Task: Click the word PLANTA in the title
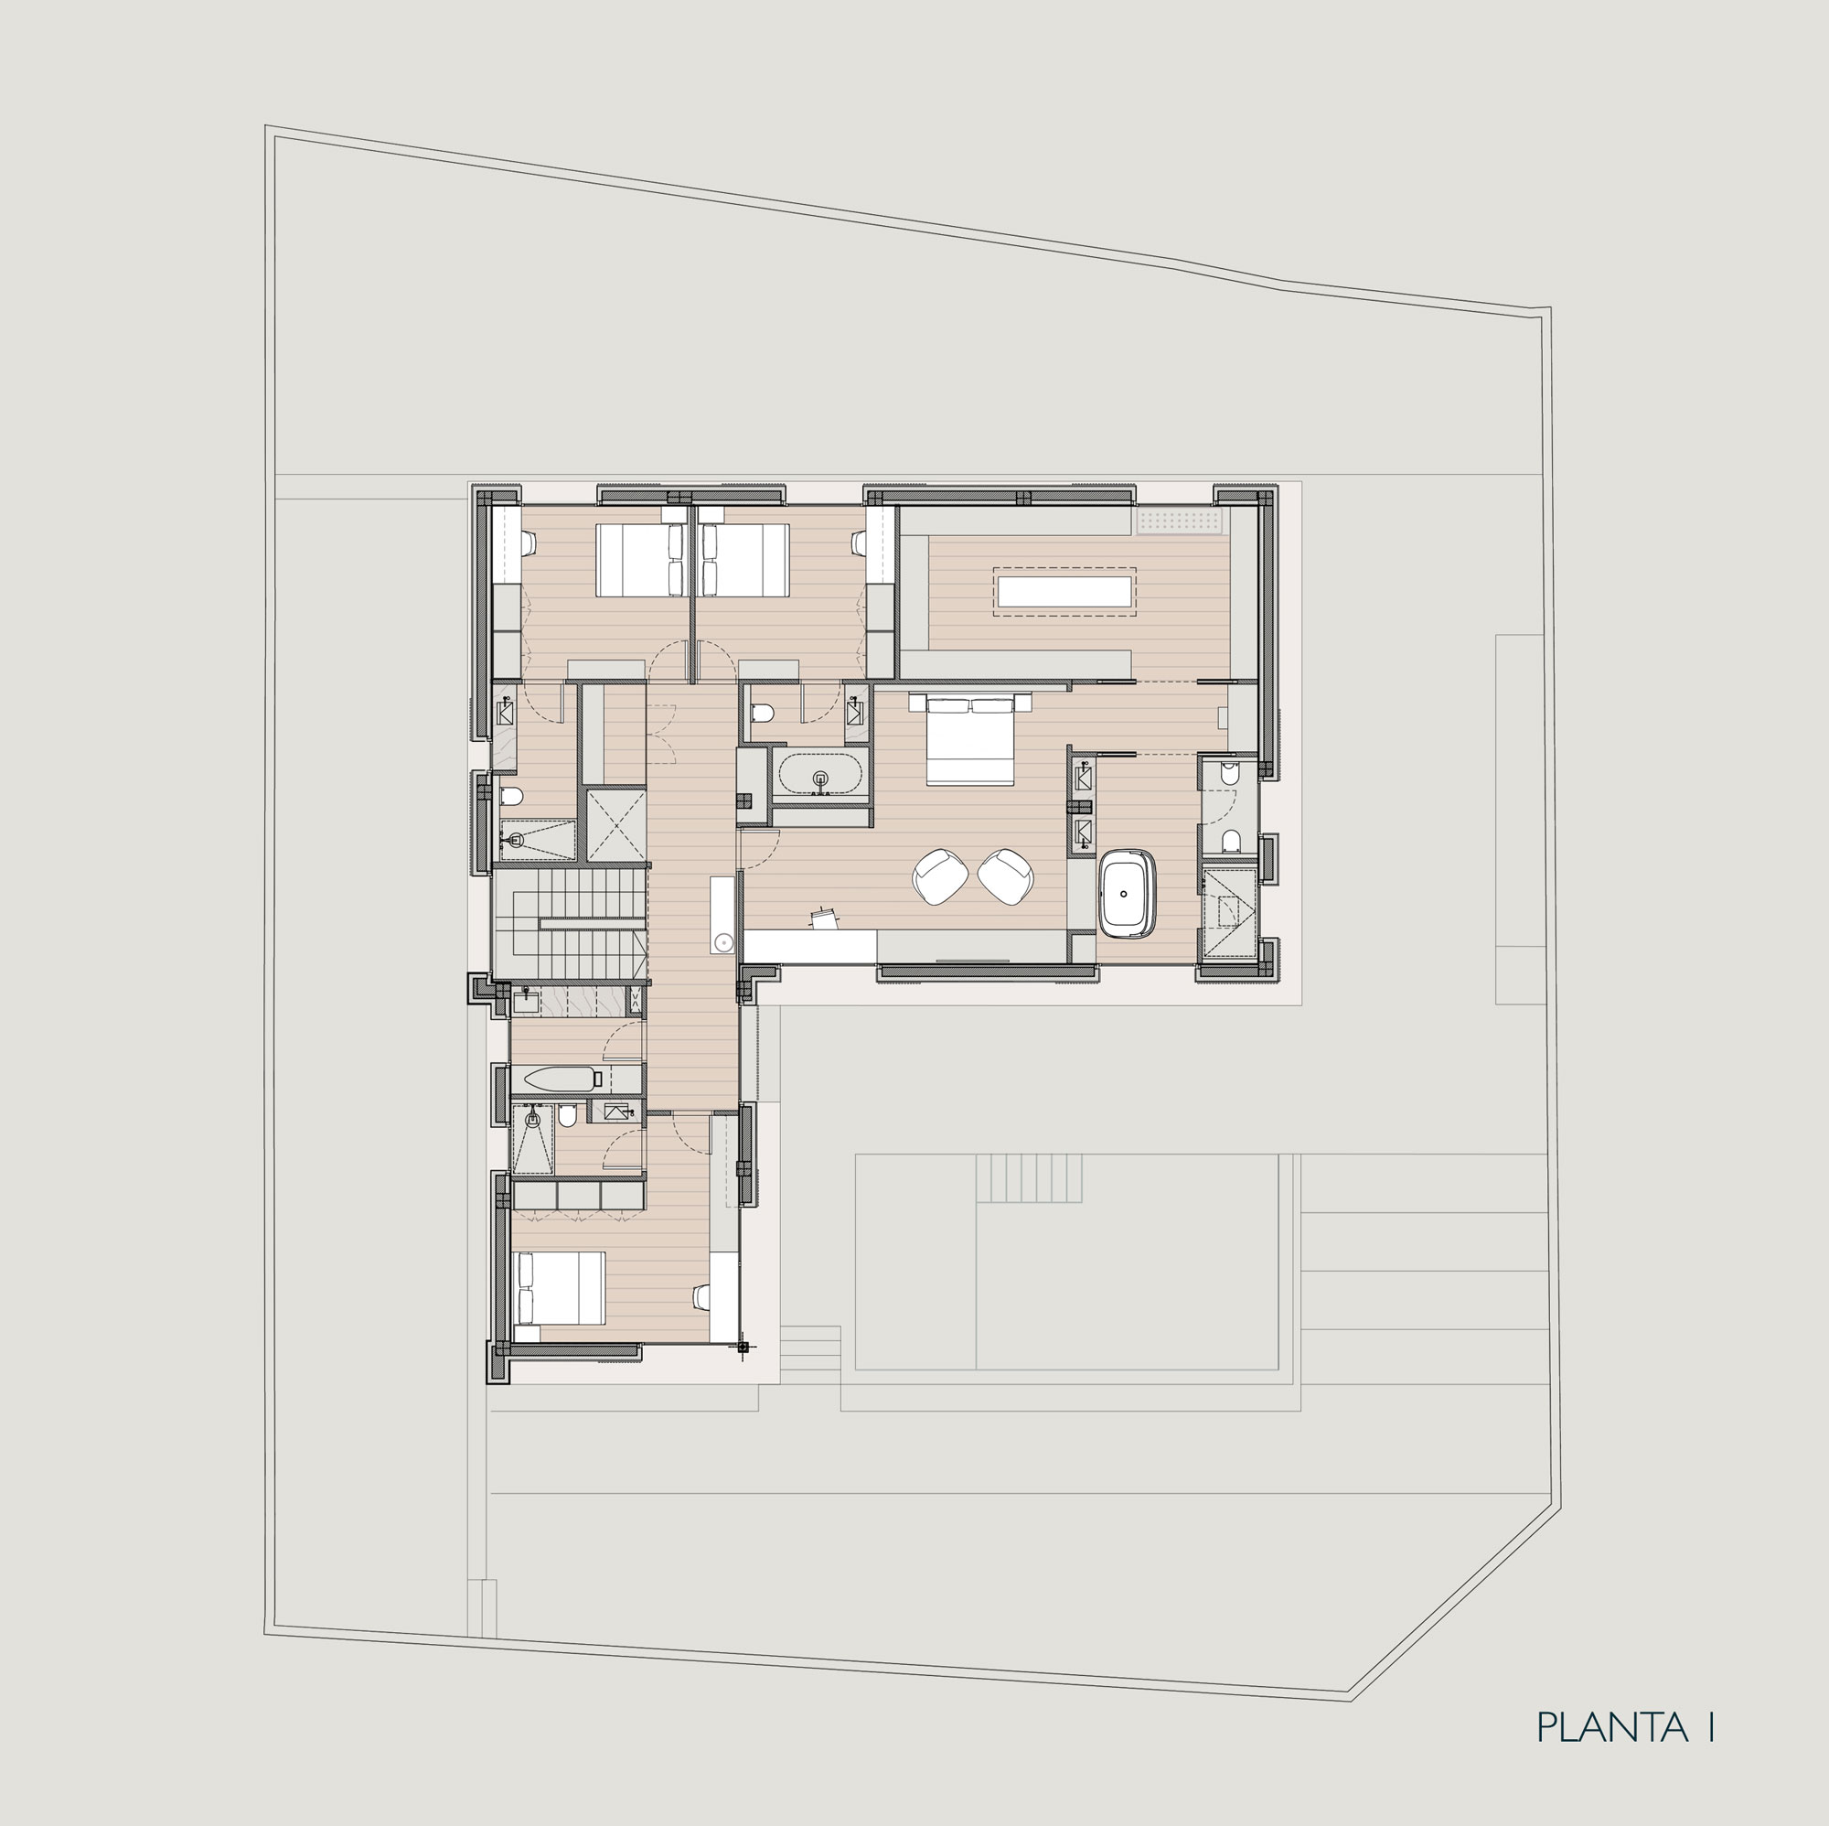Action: pos(1611,1727)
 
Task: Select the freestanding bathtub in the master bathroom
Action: pos(1128,894)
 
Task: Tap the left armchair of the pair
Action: pos(939,876)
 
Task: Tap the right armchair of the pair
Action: pos(1006,876)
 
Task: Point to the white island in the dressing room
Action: pos(1064,591)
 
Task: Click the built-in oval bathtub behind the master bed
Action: pos(819,773)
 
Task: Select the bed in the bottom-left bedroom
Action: pos(559,1288)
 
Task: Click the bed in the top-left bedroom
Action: pos(641,560)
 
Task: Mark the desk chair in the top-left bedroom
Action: pos(527,542)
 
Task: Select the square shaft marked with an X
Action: pos(616,824)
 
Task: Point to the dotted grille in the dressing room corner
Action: pos(1181,521)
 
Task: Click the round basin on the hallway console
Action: pos(723,941)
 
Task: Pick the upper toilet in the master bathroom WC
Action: pos(1230,773)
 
